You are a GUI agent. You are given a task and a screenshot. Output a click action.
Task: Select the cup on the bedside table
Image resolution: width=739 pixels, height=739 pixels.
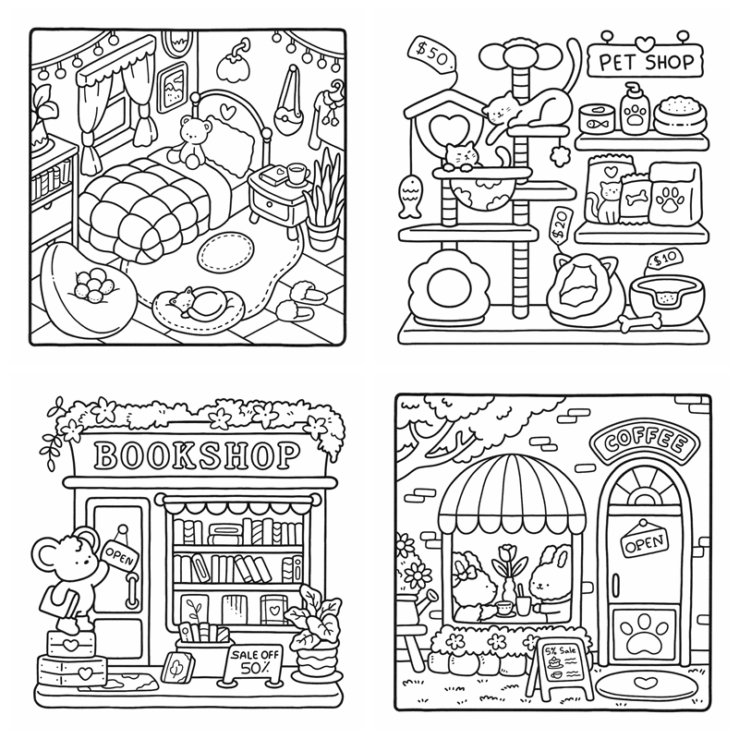(x=297, y=172)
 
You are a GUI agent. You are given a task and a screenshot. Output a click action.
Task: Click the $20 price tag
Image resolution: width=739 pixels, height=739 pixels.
(x=559, y=225)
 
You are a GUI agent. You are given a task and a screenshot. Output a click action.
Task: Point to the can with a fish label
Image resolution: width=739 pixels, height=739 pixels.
(x=593, y=119)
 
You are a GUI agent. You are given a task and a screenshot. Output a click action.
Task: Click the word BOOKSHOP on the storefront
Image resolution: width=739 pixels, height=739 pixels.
(x=198, y=454)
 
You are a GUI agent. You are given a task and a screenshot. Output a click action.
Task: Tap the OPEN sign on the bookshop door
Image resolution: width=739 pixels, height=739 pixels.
(x=120, y=551)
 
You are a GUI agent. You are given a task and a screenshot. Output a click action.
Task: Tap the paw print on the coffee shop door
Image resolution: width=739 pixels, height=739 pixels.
(x=643, y=635)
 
